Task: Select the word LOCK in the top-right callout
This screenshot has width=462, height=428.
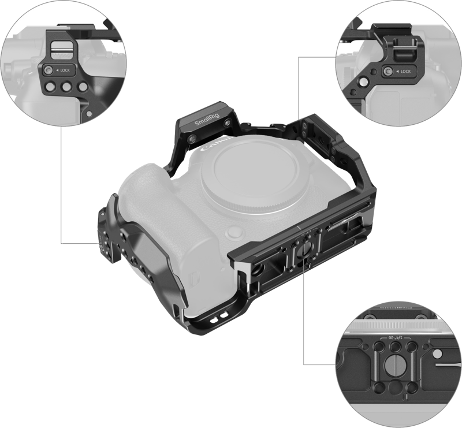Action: tap(405, 72)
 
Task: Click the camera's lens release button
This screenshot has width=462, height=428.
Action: tap(234, 232)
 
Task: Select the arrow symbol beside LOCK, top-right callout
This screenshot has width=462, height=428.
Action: tap(397, 72)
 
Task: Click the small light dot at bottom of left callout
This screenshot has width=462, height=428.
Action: tap(87, 113)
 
